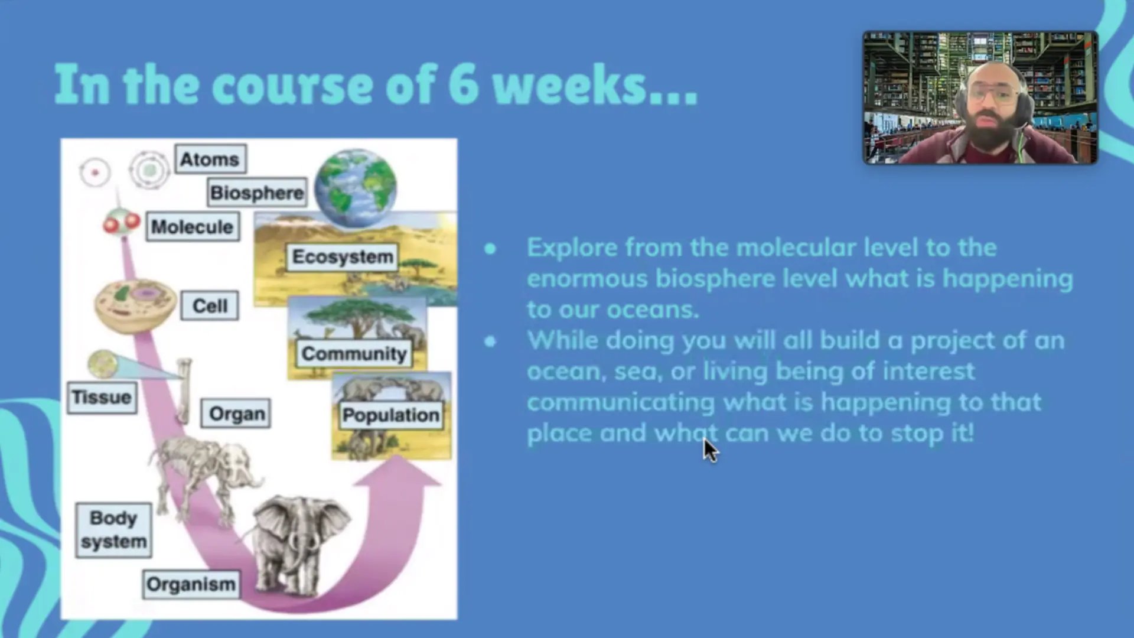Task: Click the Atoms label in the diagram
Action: pyautogui.click(x=210, y=159)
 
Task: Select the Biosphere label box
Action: pyautogui.click(x=257, y=192)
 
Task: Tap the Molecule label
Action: pyautogui.click(x=193, y=226)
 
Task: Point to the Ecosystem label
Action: pyautogui.click(x=342, y=257)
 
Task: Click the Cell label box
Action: pyautogui.click(x=210, y=305)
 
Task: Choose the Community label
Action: pyautogui.click(x=354, y=353)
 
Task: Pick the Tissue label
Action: pyautogui.click(x=102, y=397)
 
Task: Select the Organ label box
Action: pyautogui.click(x=236, y=414)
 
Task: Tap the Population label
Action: pyautogui.click(x=390, y=415)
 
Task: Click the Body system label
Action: pyautogui.click(x=113, y=530)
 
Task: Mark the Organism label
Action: pyautogui.click(x=191, y=584)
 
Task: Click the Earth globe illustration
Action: pyautogui.click(x=356, y=188)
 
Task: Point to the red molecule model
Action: pyautogui.click(x=121, y=222)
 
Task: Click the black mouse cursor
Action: pyautogui.click(x=711, y=450)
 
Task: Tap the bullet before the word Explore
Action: pyautogui.click(x=490, y=249)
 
